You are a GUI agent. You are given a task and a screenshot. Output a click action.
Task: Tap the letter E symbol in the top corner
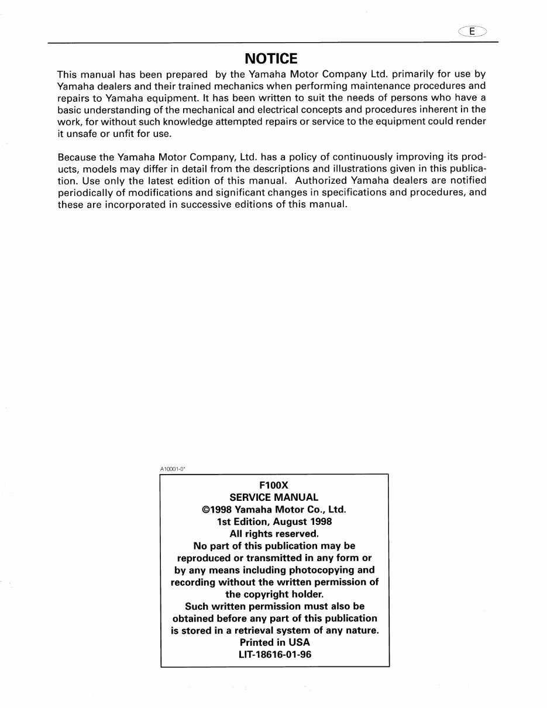[x=472, y=32]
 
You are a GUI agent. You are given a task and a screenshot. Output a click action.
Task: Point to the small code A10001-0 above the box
[x=172, y=469]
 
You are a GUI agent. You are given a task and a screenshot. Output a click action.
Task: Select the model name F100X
[x=274, y=486]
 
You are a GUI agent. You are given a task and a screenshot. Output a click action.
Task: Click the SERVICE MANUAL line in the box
[x=274, y=497]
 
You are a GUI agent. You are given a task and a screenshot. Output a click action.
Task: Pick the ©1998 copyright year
[x=217, y=510]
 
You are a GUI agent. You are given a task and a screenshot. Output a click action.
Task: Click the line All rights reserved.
[x=274, y=534]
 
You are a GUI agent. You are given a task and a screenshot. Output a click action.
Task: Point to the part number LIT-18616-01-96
[x=274, y=655]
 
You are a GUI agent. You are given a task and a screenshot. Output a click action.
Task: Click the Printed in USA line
[x=274, y=642]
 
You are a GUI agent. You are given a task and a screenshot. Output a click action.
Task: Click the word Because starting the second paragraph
[x=77, y=158]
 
